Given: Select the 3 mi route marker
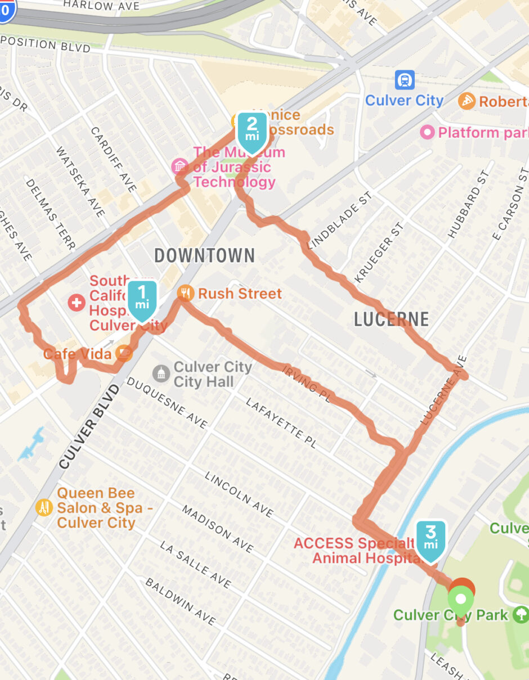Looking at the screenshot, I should [431, 541].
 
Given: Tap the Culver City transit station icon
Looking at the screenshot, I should [405, 80].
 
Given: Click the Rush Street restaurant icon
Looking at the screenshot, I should [185, 293].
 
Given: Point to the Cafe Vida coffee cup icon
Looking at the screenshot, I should [124, 354].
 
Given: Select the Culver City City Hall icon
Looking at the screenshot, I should [161, 373].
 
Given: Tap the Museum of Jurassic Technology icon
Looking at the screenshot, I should [180, 166].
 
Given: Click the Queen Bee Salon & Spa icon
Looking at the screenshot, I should [44, 508].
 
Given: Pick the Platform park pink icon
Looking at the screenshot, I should [427, 133].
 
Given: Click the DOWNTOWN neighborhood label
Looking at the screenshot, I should [204, 256].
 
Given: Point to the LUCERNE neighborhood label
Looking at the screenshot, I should [391, 319].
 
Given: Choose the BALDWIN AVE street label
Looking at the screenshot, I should [180, 601].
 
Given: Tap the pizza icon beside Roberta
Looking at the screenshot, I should [467, 101].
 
